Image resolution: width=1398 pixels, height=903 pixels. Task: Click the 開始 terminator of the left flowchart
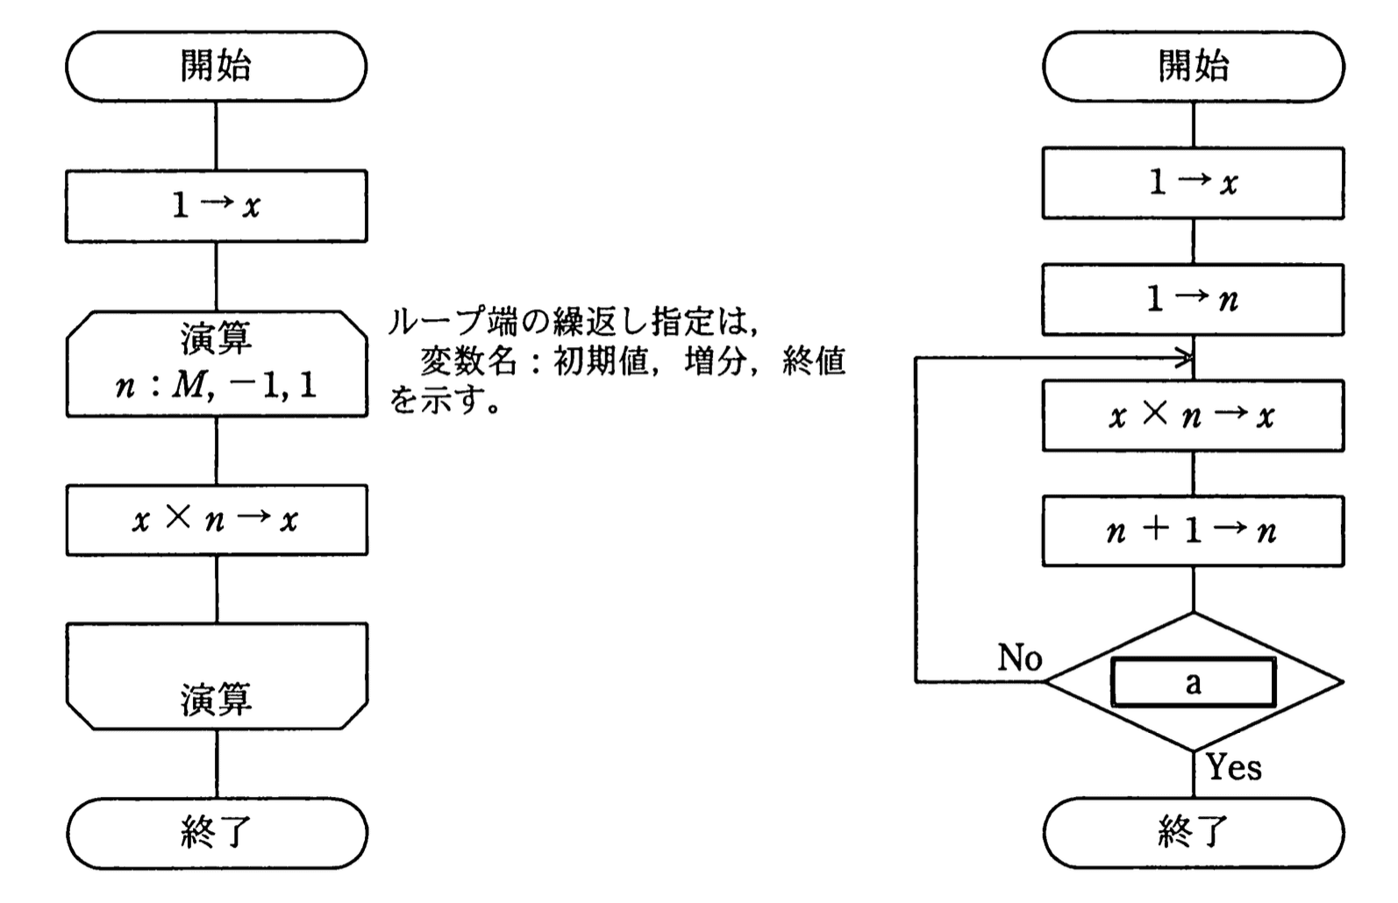[x=216, y=67]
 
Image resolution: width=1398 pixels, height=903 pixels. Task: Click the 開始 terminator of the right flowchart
[x=1193, y=67]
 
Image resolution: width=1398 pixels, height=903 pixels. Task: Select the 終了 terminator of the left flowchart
[x=217, y=832]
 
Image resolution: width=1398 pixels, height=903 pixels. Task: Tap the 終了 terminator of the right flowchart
[x=1193, y=832]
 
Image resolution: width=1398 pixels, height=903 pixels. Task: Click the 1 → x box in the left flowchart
[x=216, y=206]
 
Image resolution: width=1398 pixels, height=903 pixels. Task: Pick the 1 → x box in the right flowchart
[x=1193, y=183]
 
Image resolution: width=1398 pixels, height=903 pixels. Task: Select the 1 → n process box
[x=1193, y=300]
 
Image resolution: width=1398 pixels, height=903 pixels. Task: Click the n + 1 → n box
[x=1193, y=530]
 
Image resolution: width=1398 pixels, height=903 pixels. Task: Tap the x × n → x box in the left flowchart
[x=217, y=520]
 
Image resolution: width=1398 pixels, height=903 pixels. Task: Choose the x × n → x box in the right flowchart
[x=1193, y=416]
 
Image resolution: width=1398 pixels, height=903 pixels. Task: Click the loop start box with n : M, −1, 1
[x=217, y=363]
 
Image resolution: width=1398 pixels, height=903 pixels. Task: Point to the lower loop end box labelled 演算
[x=217, y=677]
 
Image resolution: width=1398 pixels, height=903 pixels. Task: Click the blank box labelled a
[x=1193, y=682]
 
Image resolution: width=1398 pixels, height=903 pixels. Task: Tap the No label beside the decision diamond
[x=1019, y=657]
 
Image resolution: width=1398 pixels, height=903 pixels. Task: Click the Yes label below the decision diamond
[x=1234, y=767]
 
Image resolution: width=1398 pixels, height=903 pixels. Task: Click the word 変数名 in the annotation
[x=468, y=361]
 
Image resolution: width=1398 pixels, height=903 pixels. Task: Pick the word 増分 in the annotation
[x=715, y=361]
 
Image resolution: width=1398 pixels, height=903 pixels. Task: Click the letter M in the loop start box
[x=188, y=385]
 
